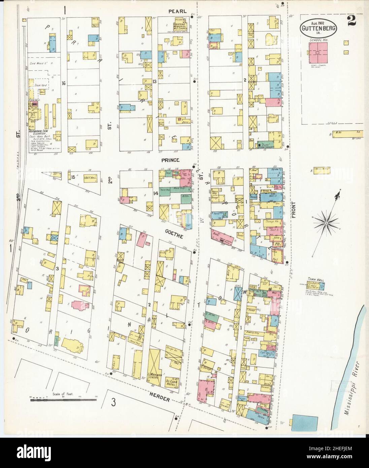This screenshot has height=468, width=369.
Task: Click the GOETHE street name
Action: click(174, 237)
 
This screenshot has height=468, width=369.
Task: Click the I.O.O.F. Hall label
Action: click(86, 176)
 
